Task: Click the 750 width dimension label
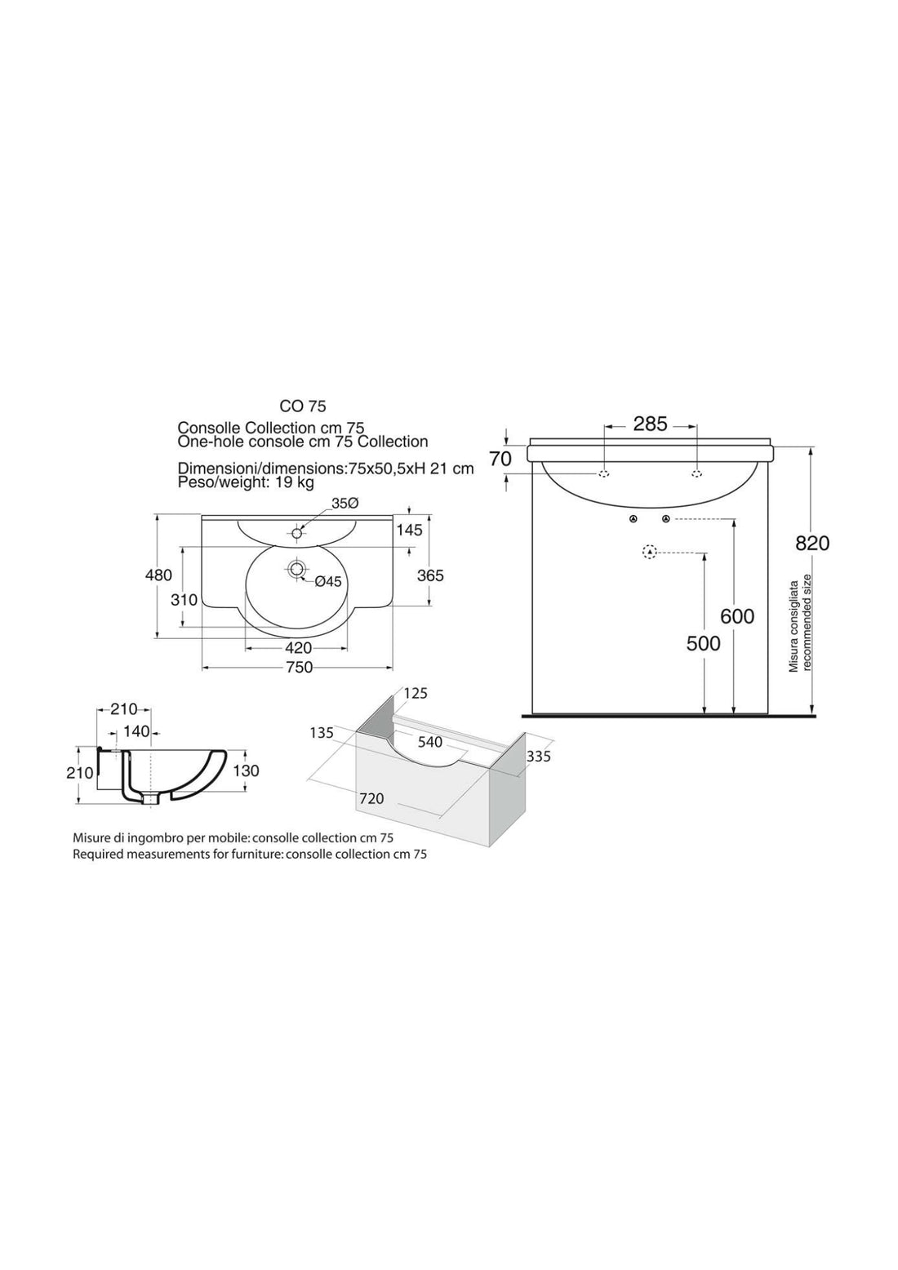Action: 299,668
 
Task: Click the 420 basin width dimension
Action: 298,647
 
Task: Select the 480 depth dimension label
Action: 158,575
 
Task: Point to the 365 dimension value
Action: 430,575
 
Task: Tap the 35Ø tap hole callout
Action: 345,504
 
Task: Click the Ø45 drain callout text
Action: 327,581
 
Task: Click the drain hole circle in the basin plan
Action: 296,568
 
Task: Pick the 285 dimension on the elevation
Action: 650,424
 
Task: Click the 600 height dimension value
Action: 737,616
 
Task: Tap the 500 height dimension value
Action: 703,643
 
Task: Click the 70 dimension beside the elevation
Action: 500,459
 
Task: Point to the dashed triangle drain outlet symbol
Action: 649,553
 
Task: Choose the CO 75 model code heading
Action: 303,405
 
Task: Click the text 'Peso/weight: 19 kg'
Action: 246,482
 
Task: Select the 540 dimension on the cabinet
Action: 429,742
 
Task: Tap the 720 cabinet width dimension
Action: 371,798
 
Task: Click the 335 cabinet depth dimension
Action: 539,757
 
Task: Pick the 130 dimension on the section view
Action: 246,770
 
